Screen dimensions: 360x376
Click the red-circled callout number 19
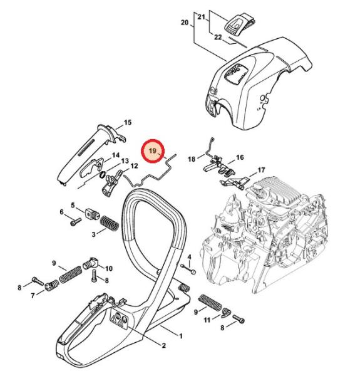pyautogui.click(x=153, y=151)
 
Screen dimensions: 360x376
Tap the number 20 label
pyautogui.click(x=185, y=23)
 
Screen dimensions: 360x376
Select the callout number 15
pyautogui.click(x=128, y=123)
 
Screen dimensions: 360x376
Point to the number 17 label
pyautogui.click(x=261, y=170)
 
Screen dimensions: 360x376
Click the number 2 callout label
pyautogui.click(x=164, y=345)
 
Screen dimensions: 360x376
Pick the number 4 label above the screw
pyautogui.click(x=189, y=258)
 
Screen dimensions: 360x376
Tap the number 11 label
pyautogui.click(x=207, y=320)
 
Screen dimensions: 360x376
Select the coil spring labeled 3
pyautogui.click(x=109, y=223)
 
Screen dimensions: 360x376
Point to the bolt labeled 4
pyautogui.click(x=189, y=269)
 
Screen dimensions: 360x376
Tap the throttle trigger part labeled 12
pyautogui.click(x=111, y=184)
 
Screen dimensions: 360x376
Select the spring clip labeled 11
pyautogui.click(x=225, y=313)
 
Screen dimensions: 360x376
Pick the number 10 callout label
pyautogui.click(x=109, y=268)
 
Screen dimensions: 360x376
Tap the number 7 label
pyautogui.click(x=33, y=296)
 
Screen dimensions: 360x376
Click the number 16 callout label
pyautogui.click(x=240, y=157)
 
